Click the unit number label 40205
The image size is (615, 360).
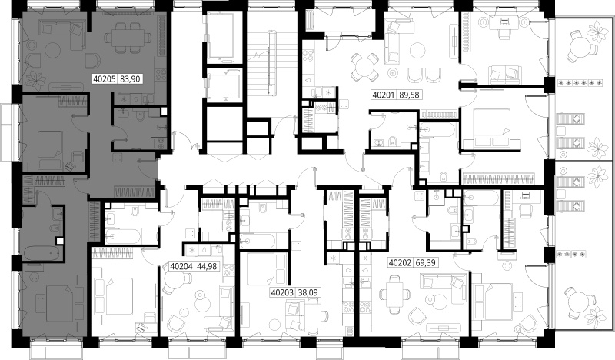click(105, 79)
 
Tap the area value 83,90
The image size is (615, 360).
click(130, 79)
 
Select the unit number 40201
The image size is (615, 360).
click(384, 95)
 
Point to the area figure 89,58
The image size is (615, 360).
click(409, 95)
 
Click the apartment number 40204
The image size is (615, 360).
click(181, 266)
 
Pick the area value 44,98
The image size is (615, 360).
click(207, 266)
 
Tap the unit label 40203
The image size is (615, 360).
click(282, 292)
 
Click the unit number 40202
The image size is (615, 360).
click(400, 262)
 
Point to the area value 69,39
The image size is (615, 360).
click(425, 262)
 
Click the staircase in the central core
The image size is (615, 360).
click(271, 63)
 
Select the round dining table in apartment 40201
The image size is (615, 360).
click(364, 66)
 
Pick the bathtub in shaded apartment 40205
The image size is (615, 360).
click(42, 253)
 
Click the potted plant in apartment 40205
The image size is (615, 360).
click(35, 79)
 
